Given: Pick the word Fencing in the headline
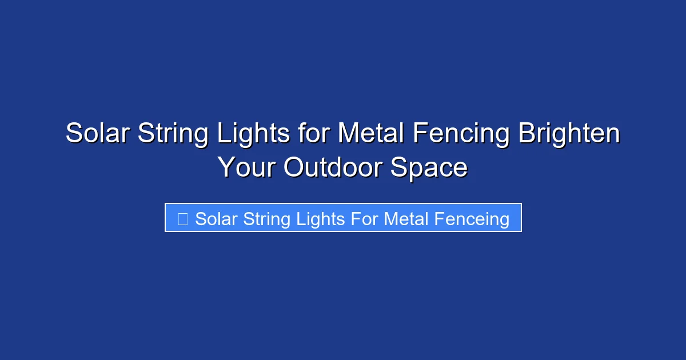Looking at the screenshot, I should pos(462,134).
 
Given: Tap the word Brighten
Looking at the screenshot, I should pos(569,134).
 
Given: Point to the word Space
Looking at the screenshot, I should pos(429,167).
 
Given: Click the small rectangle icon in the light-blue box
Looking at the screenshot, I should pos(183,219).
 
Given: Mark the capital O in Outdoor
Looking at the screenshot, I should pos(294,167).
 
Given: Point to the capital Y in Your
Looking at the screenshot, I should pos(226,167).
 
